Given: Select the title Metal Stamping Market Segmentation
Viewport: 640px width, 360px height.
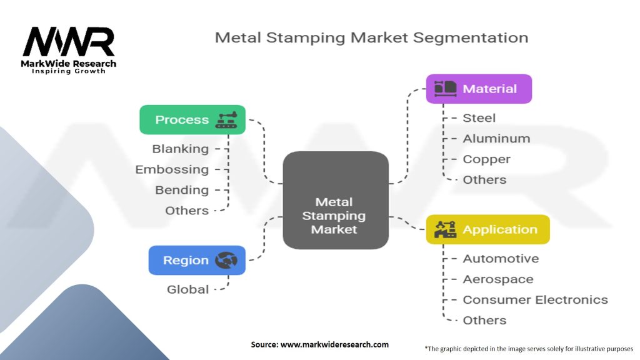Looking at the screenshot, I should [371, 37].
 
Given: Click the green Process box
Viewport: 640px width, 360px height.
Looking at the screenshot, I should [192, 119].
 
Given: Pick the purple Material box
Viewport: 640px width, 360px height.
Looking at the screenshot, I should [479, 89].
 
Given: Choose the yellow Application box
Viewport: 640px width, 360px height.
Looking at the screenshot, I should [487, 229].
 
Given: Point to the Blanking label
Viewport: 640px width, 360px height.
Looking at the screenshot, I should [181, 149].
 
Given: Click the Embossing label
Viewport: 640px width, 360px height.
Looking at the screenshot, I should [172, 169].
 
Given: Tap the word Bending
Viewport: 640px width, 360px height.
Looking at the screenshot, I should [181, 190].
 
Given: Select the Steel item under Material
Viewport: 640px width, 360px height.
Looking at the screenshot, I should [479, 118].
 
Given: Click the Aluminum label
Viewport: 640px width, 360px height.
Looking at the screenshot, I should [496, 139].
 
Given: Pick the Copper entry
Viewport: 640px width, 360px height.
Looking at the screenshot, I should [486, 159].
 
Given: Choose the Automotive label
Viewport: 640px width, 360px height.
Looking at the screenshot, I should [501, 259].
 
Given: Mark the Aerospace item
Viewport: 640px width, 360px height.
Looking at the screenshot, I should [498, 279].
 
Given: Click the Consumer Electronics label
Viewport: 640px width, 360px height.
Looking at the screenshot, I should [535, 300].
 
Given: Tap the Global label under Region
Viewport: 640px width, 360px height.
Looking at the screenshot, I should [187, 289].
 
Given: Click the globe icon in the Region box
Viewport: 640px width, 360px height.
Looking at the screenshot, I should [226, 261].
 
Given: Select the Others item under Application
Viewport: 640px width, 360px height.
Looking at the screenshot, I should [484, 321].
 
